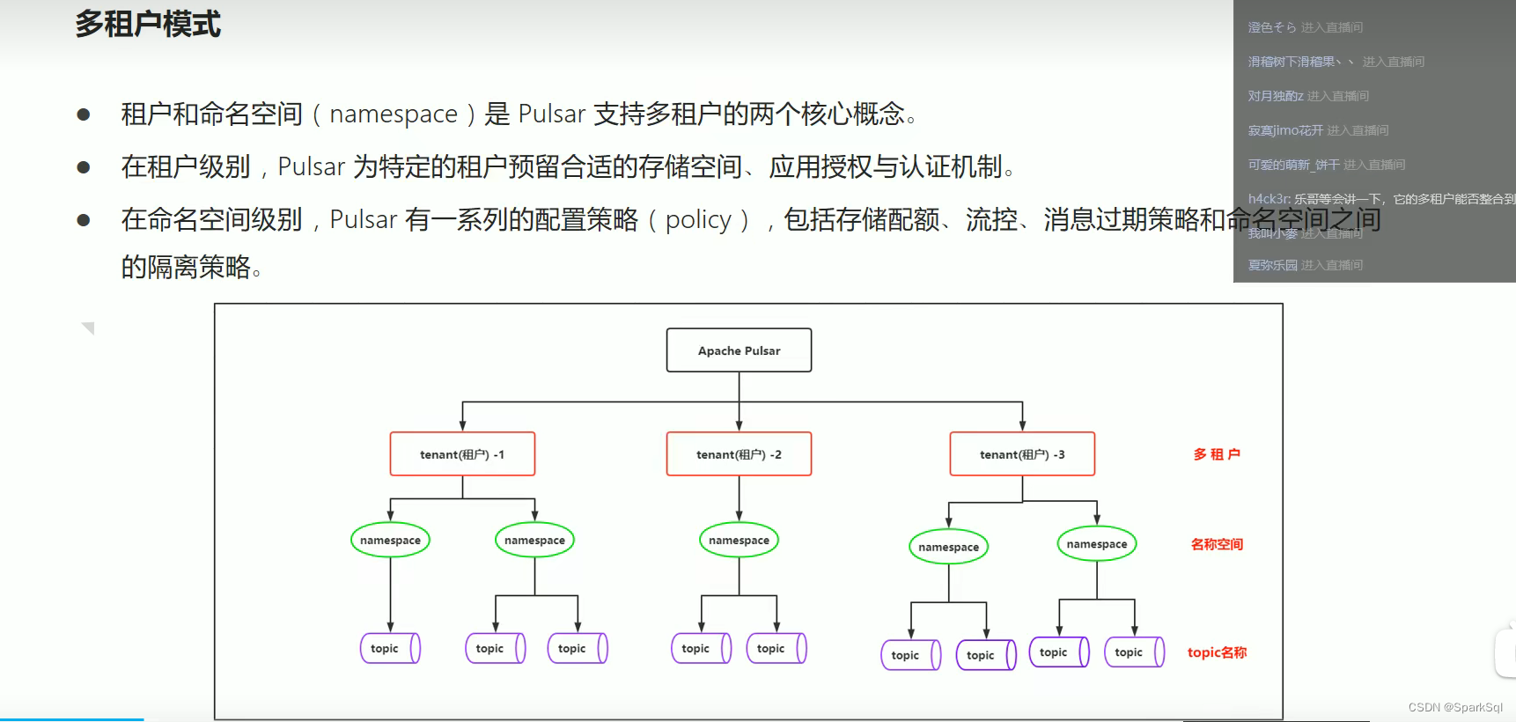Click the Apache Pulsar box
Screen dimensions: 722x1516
coord(739,350)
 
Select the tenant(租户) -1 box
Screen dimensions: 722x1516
coord(462,454)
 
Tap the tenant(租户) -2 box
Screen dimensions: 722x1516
coord(739,454)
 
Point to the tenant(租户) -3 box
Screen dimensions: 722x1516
coord(1022,454)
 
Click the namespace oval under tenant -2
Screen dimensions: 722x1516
coord(739,540)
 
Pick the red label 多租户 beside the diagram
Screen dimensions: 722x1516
coord(1217,454)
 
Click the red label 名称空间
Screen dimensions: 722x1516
coord(1217,544)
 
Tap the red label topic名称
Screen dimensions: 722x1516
coord(1217,652)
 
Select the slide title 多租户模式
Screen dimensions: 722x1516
coord(148,24)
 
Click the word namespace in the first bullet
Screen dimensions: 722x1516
coord(394,114)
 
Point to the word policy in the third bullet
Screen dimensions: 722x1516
coord(698,220)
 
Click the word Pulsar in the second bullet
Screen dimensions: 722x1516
coord(312,167)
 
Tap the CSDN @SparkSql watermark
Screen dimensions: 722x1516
coord(1455,707)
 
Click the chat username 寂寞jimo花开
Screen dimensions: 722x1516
coord(1285,130)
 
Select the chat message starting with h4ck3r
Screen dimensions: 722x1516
coord(1380,199)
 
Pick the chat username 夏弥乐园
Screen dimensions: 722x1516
coord(1272,265)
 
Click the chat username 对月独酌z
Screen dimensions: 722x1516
coord(1275,96)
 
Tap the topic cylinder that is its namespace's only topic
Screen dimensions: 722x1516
coord(390,648)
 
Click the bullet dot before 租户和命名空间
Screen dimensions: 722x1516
coord(84,114)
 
